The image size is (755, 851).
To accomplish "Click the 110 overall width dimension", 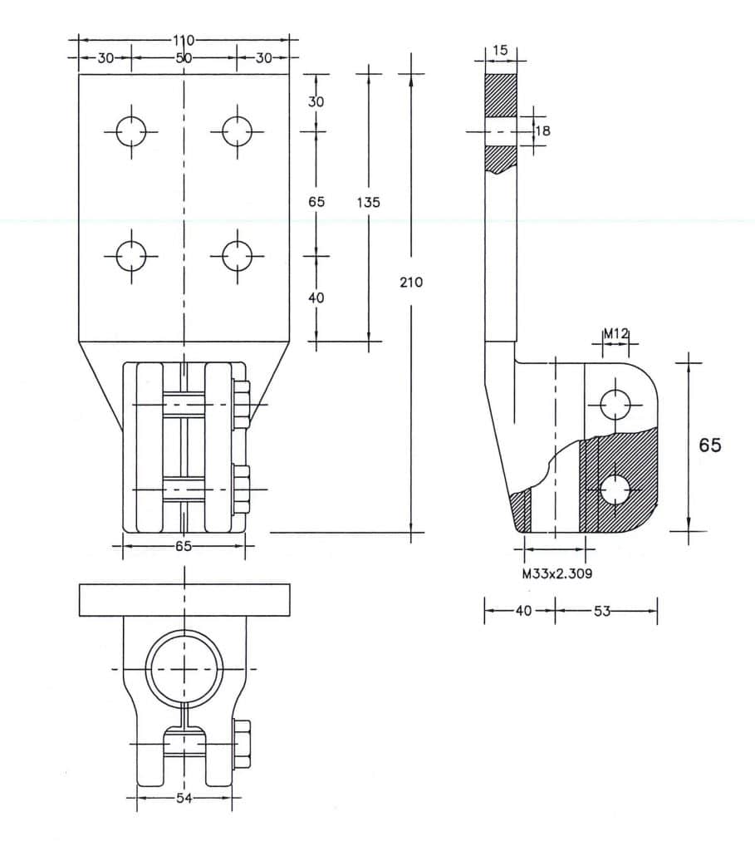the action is click(184, 40).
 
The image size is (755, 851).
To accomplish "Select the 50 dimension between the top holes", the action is click(184, 58).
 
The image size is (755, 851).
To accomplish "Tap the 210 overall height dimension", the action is click(411, 283).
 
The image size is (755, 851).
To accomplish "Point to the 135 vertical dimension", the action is click(368, 203).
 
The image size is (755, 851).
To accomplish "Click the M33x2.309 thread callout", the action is click(557, 573).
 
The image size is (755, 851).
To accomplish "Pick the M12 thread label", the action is click(615, 333).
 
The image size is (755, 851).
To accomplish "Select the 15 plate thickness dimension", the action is click(500, 51).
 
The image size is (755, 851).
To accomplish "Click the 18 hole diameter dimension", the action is click(542, 130).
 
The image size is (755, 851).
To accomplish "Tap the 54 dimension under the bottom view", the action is click(184, 798).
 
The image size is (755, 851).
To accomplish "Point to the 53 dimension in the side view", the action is click(602, 611).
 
